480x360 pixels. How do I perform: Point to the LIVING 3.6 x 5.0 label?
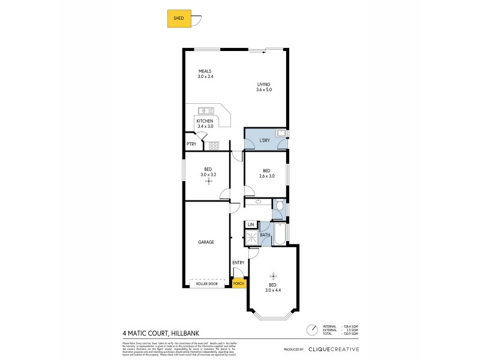click(x=264, y=86)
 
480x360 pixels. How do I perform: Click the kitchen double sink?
click(x=206, y=110)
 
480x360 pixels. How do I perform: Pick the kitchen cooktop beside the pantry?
click(x=214, y=145)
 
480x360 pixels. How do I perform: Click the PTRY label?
click(x=191, y=144)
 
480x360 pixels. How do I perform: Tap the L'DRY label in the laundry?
click(x=264, y=140)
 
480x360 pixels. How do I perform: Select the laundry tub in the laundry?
click(x=280, y=133)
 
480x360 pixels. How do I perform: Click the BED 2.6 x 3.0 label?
click(x=266, y=173)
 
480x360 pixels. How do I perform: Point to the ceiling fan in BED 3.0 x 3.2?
click(x=209, y=181)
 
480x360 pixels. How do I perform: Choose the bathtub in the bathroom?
click(x=280, y=234)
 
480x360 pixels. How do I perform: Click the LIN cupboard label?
click(x=251, y=224)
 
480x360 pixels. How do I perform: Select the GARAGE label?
click(x=206, y=242)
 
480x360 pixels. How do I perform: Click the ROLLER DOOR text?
click(x=207, y=283)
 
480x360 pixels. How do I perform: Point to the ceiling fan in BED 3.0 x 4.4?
click(x=273, y=276)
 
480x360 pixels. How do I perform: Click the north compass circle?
click(x=311, y=329)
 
